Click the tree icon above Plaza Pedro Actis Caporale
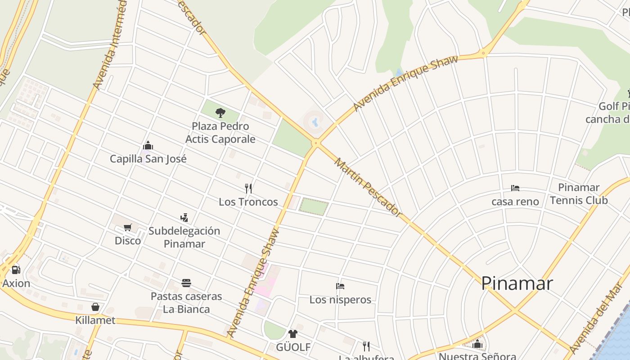coord(220,112)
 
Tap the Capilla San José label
coord(148,159)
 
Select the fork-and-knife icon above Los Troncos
coord(248,188)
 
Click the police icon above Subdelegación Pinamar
coord(184,218)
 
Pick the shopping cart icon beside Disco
coord(127,228)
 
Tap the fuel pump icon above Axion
coord(16,270)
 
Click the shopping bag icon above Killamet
coord(95,307)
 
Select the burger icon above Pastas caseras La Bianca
coord(186,283)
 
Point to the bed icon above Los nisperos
coord(340,286)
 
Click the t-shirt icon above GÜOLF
coord(293,334)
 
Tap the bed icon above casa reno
coord(515,188)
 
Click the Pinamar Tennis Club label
coord(579,194)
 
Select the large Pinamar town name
coord(517,283)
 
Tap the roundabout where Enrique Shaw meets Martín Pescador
coord(316,144)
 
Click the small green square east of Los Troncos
coord(314,206)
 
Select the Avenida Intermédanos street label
coord(110,45)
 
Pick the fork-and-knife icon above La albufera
coord(366,346)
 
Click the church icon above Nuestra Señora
coord(477,345)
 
